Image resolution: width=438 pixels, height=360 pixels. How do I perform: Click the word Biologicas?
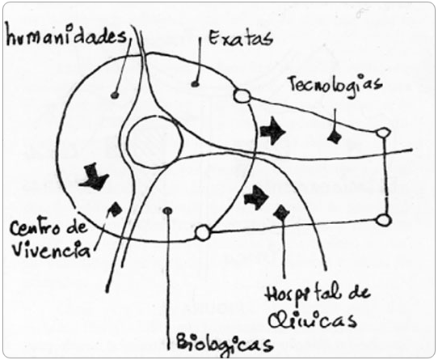pos(225,343)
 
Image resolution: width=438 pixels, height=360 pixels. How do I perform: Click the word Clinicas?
pos(312,320)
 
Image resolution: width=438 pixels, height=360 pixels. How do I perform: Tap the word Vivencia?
pos(51,250)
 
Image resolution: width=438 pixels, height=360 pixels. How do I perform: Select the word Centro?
pos(35,228)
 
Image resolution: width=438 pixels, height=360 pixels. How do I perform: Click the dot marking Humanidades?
pos(115,95)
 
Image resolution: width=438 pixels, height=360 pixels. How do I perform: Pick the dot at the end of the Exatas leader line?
pos(195,83)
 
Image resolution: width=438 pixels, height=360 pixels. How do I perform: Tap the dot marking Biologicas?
pos(167,210)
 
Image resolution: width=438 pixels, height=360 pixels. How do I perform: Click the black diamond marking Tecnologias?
pos(335,138)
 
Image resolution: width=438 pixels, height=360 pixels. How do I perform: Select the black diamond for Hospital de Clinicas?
pos(281,213)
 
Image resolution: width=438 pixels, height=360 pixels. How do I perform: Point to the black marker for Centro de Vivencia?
pos(116,210)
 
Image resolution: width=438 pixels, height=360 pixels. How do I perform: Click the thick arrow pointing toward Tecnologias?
pos(272,130)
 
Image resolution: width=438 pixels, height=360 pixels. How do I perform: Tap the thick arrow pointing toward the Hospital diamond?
pos(256,197)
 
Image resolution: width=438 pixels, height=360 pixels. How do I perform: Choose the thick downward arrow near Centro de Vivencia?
pos(94,177)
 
